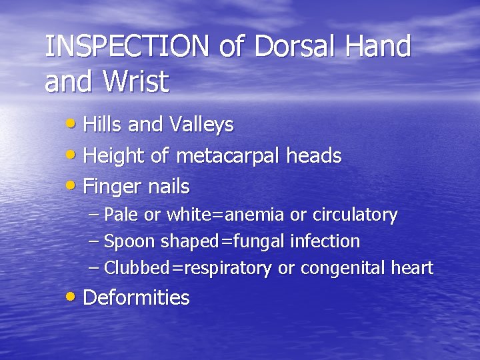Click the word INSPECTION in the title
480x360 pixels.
point(123,47)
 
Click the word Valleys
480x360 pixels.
point(202,125)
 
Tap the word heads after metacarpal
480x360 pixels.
point(314,157)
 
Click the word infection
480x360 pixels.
point(327,241)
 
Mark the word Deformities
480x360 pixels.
point(136,297)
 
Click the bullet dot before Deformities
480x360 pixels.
point(75,297)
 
